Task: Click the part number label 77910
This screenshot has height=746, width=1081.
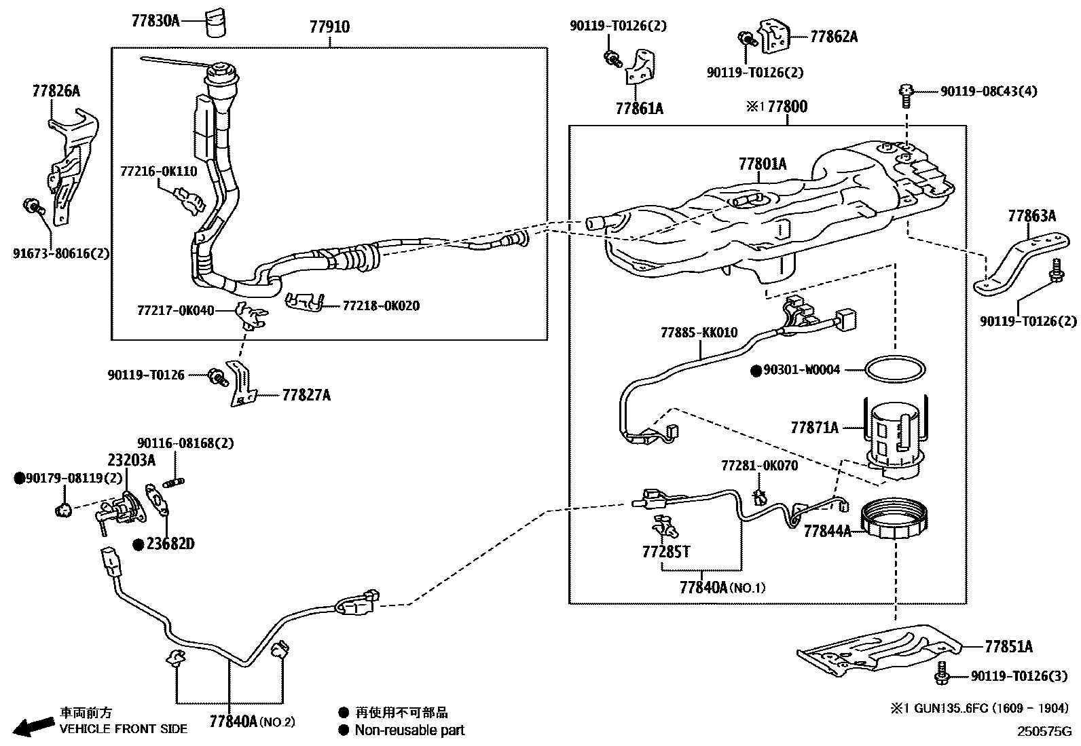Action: (x=329, y=27)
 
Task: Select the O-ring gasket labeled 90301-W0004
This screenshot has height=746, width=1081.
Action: (x=894, y=370)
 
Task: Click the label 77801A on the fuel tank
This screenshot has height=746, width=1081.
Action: (x=763, y=164)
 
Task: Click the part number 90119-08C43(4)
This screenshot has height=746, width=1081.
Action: (x=988, y=91)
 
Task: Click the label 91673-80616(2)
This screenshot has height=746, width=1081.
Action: (x=61, y=253)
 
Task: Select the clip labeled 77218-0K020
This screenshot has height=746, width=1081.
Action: (x=304, y=302)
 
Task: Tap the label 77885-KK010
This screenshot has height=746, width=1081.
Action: (x=699, y=333)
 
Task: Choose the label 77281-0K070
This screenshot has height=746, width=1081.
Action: (x=759, y=466)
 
